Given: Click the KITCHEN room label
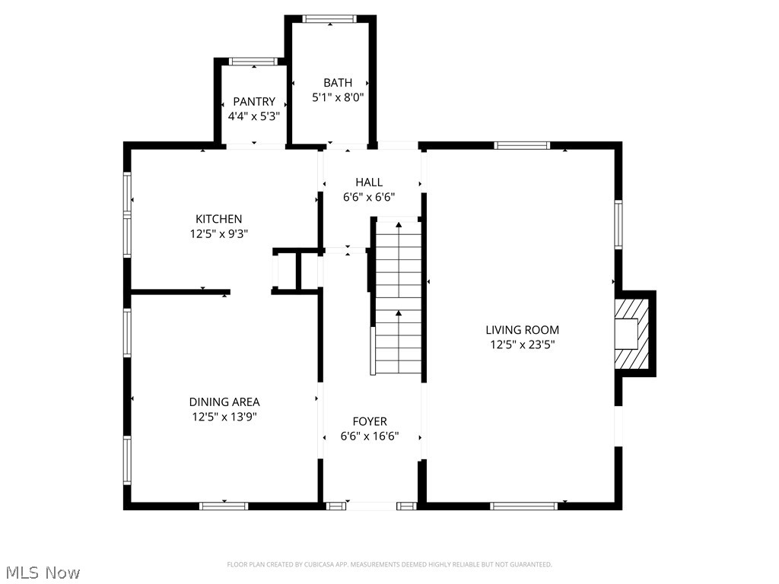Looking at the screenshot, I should point(218,219).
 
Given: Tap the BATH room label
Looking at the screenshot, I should point(338,83).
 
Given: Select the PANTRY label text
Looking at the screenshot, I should point(254,102).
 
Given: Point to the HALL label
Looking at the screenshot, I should point(369,182).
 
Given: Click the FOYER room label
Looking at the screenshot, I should point(370,421).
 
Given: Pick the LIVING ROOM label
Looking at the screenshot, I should point(523,330).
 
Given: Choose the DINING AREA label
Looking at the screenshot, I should point(224,402).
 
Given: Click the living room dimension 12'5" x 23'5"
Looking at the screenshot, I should point(523,344).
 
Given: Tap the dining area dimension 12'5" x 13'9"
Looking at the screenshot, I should point(224,417).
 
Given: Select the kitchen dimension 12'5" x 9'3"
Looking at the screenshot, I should point(218,234).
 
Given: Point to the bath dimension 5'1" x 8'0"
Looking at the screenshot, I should point(338,97).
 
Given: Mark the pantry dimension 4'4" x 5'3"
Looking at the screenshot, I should point(254,116).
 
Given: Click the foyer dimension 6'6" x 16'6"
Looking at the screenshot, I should point(370,436).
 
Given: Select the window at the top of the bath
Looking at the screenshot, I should point(330,19).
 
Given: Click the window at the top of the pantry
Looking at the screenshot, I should point(253,62).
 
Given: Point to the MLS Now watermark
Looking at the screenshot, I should point(43,572).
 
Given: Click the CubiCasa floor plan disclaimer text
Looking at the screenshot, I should point(389,564).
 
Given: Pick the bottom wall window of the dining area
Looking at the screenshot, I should point(224,506).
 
